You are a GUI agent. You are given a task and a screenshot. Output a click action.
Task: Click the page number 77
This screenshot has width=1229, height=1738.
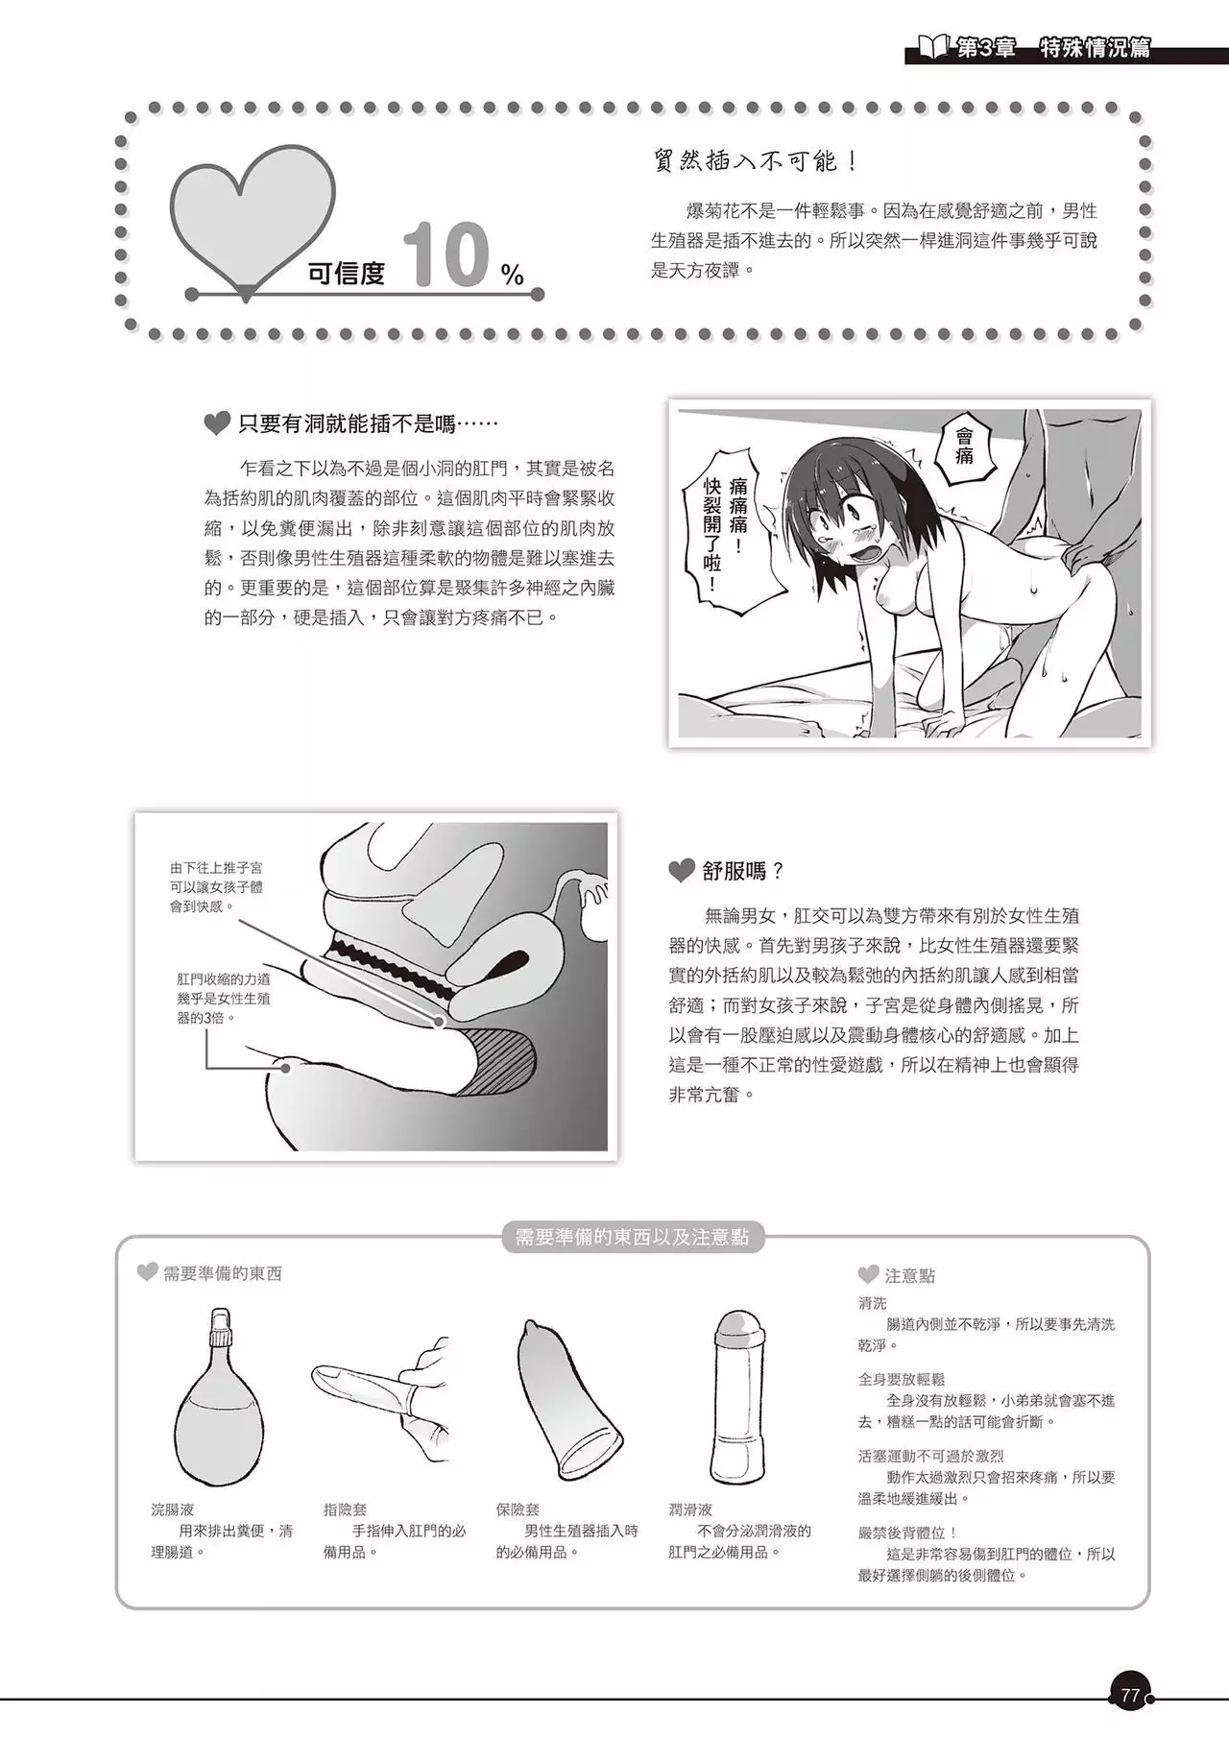[x=1130, y=1696]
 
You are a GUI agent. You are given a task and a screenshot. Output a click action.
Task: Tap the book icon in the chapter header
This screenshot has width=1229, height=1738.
[x=933, y=47]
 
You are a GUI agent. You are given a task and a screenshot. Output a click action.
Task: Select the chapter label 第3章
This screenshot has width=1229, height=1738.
[x=986, y=48]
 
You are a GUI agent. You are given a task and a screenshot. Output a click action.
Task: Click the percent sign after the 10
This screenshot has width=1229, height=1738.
[x=513, y=277]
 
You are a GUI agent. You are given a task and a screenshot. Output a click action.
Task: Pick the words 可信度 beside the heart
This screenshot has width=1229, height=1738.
[x=346, y=274]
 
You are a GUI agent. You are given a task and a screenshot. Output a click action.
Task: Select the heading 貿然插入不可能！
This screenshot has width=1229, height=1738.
[x=755, y=160]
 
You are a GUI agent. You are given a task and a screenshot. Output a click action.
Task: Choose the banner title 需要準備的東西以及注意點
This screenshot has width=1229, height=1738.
[x=632, y=1237]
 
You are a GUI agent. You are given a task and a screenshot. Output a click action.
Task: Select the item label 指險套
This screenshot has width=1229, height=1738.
[x=345, y=1509]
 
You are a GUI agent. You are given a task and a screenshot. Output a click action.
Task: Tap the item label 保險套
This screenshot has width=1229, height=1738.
[x=518, y=1509]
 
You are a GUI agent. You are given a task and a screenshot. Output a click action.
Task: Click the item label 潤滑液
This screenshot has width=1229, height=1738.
[x=690, y=1509]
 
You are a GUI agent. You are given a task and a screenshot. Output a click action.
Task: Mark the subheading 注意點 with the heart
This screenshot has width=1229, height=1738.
[x=897, y=1275]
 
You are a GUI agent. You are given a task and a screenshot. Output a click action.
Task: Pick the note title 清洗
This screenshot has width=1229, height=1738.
[x=873, y=1303]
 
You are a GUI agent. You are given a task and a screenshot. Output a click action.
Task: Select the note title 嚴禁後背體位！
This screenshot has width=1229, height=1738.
[x=908, y=1533]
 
